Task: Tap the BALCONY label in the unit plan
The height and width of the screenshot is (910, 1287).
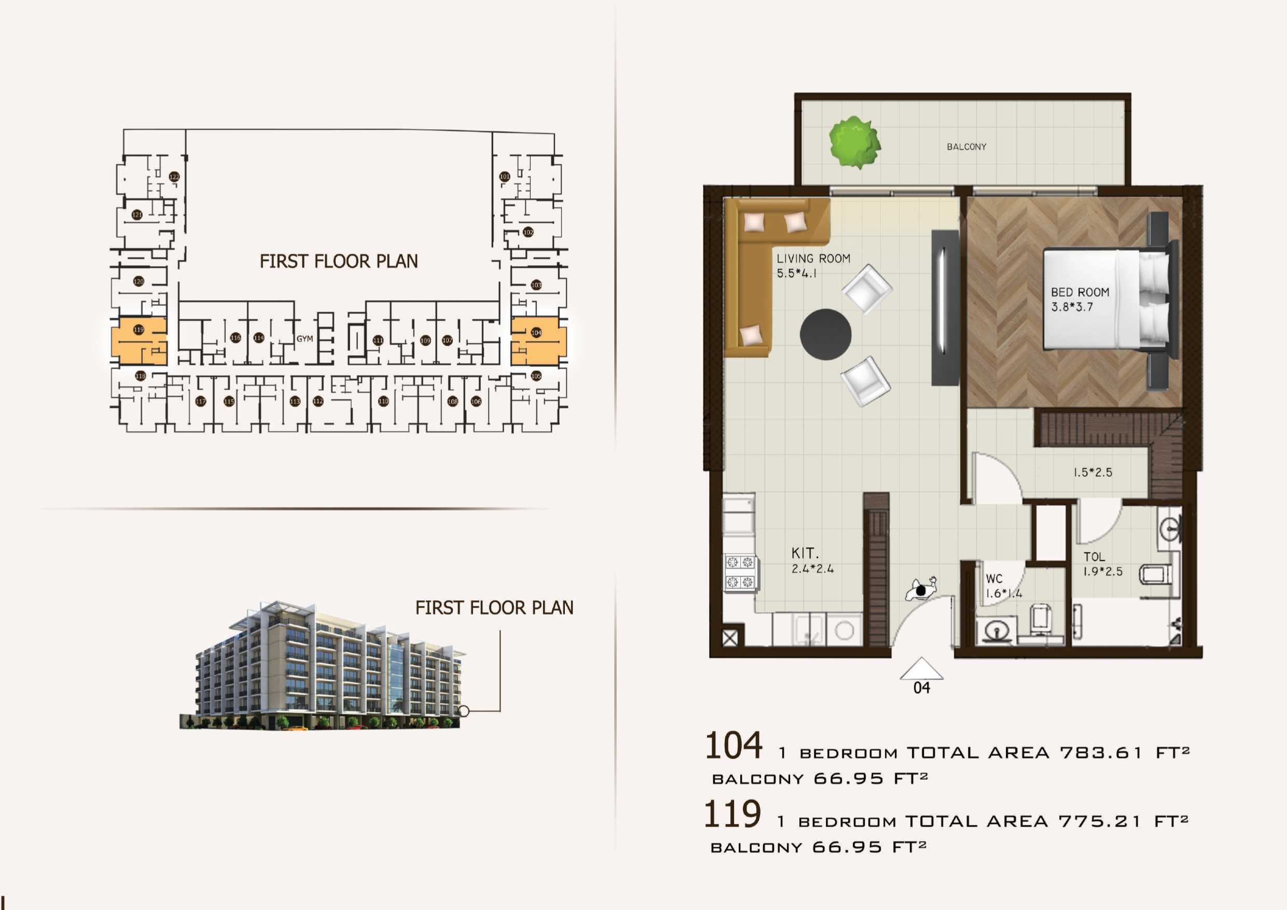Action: pyautogui.click(x=966, y=147)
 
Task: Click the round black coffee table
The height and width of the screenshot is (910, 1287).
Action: pyautogui.click(x=825, y=334)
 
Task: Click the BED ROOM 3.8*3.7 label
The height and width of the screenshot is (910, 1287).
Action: pyautogui.click(x=1079, y=299)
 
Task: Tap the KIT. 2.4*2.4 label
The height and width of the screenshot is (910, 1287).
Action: pyautogui.click(x=812, y=560)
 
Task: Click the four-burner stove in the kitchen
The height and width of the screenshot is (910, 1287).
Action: pyautogui.click(x=740, y=572)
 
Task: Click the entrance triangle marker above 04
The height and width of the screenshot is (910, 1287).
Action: pyautogui.click(x=921, y=669)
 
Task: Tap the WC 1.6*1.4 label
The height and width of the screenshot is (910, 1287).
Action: pyautogui.click(x=1003, y=586)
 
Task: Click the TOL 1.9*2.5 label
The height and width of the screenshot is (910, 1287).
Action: pyautogui.click(x=1102, y=564)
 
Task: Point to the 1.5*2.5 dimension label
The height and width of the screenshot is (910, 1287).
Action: pyautogui.click(x=1092, y=472)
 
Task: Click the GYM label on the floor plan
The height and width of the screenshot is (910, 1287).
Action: pyautogui.click(x=305, y=339)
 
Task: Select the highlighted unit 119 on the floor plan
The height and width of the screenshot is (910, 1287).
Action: pyautogui.click(x=139, y=341)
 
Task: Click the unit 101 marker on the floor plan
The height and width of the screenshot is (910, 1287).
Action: pyautogui.click(x=505, y=176)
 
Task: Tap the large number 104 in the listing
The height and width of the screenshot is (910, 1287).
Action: pyautogui.click(x=733, y=746)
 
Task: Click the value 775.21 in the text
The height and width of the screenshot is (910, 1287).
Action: pyautogui.click(x=1099, y=821)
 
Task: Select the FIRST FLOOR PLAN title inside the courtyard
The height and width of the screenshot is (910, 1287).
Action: pyautogui.click(x=339, y=261)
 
